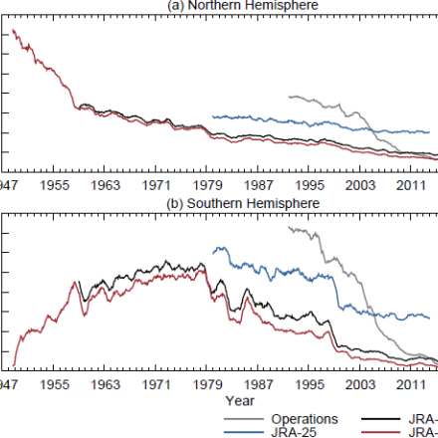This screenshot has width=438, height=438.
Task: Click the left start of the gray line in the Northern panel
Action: click(287, 97)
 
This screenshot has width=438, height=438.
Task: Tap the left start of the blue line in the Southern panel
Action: click(213, 250)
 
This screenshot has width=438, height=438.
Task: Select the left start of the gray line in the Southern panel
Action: click(287, 227)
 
